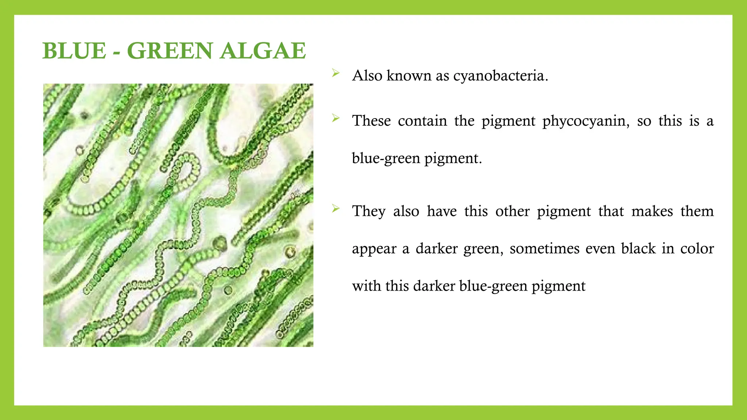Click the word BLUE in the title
coord(74,51)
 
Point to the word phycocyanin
coord(586,121)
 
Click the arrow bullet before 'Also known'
coord(336,74)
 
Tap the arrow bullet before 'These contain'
coord(336,118)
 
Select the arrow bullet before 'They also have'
coord(336,209)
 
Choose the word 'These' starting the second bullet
coord(371,121)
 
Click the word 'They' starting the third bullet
coord(369,211)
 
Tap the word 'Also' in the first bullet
coord(367,76)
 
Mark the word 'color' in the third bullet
coord(697,249)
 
